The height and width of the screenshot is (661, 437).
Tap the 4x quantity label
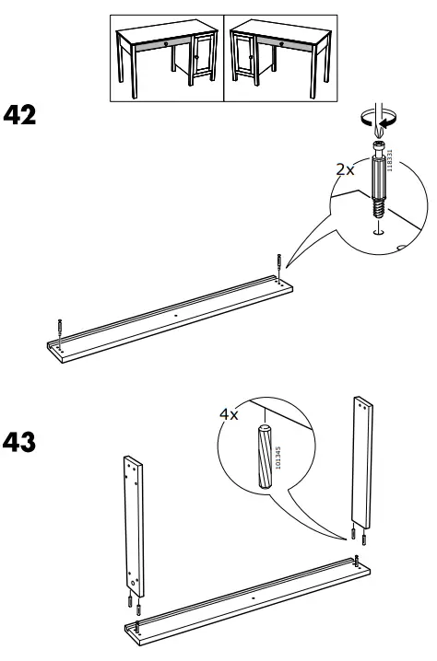(x=229, y=415)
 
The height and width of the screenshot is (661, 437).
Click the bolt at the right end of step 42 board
(x=274, y=265)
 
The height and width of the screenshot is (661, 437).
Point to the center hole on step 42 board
(x=174, y=313)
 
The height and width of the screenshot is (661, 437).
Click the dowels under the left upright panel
(x=133, y=605)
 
